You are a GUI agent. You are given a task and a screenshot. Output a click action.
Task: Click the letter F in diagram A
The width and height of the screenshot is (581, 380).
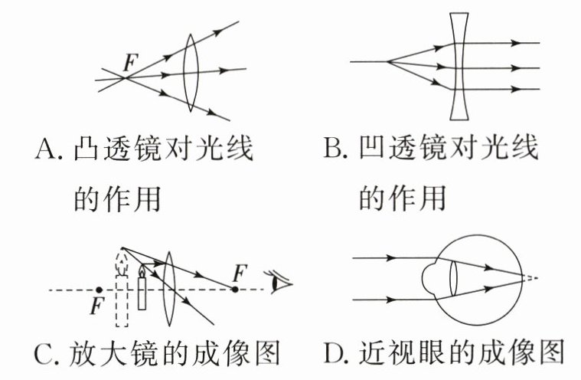click(131, 64)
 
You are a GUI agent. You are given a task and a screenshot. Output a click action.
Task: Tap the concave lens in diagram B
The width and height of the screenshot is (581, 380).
click(459, 67)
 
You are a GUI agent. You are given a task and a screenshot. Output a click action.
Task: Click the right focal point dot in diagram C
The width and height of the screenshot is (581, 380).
click(236, 290)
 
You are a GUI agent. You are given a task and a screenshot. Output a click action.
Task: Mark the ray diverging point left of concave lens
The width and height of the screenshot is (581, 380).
click(388, 61)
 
